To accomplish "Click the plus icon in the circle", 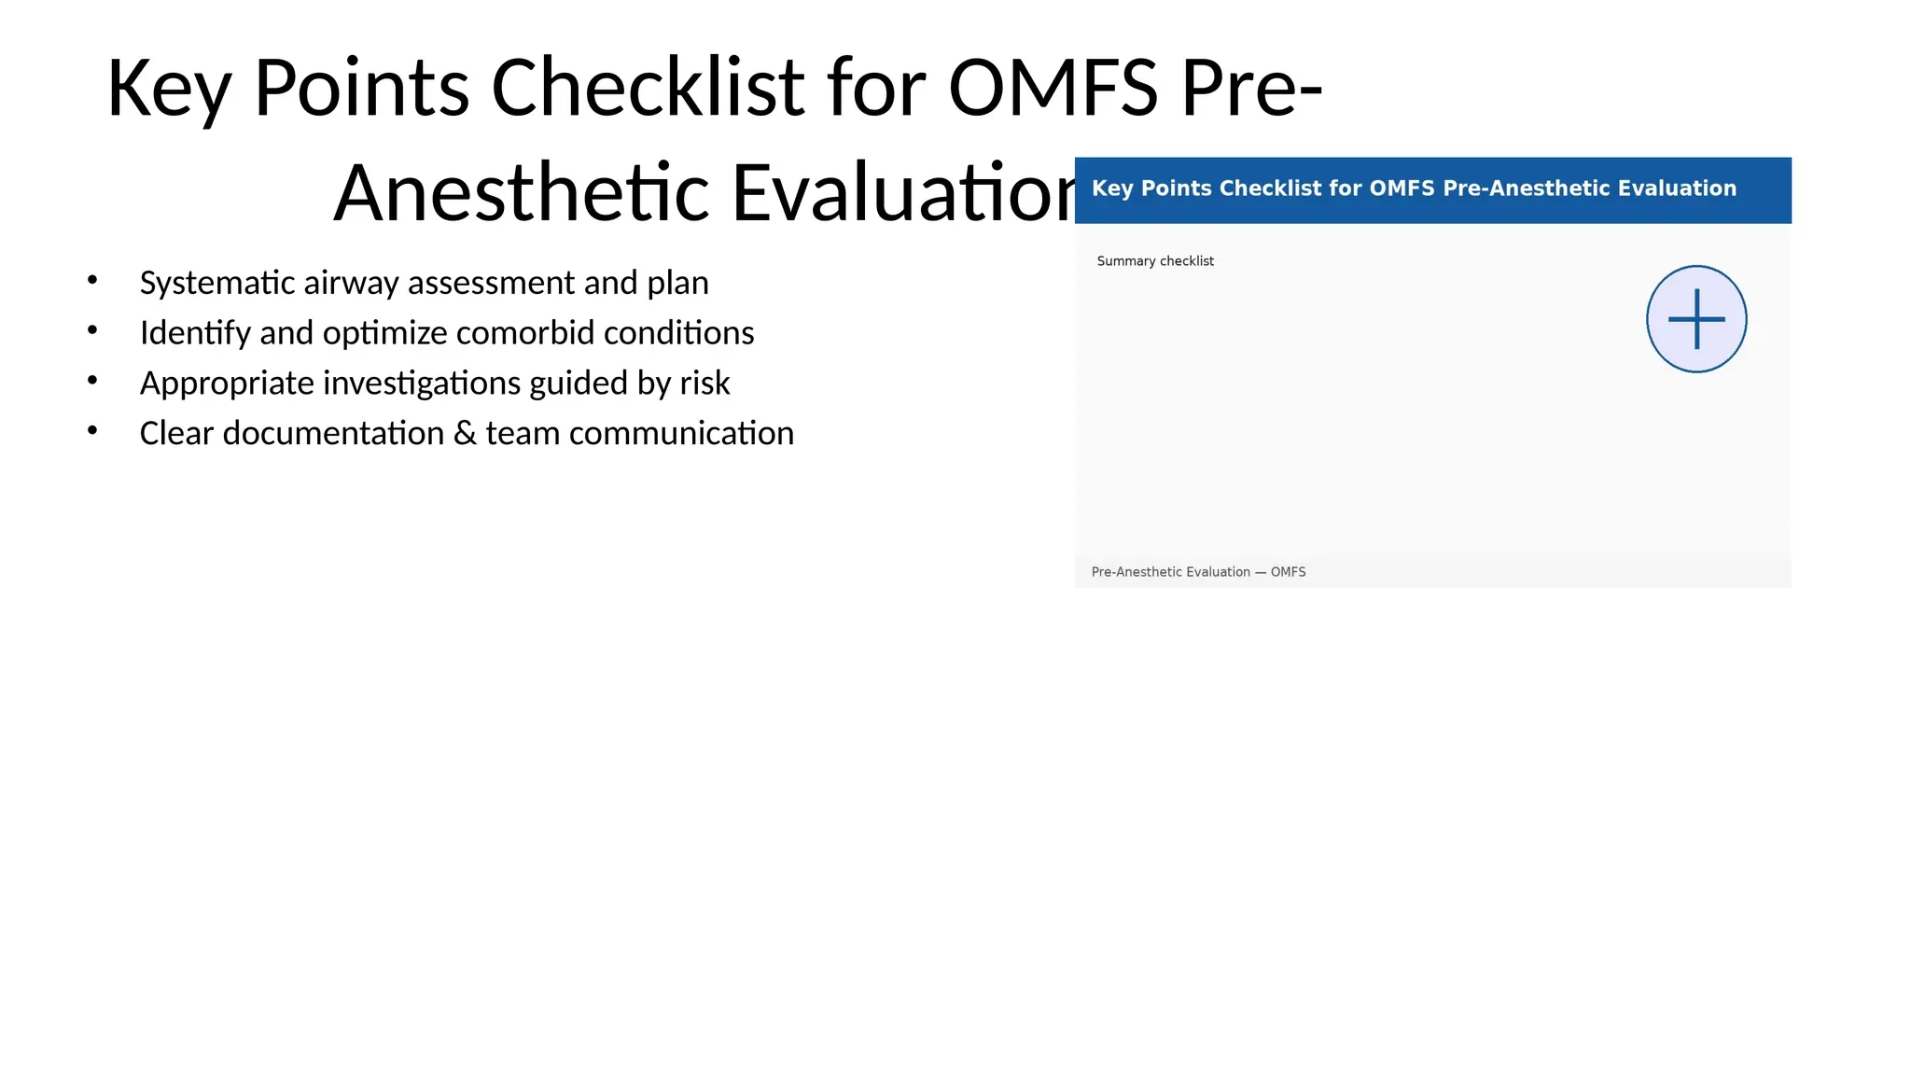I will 1695,319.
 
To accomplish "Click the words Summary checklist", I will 1154,261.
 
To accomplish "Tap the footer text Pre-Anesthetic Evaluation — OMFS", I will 1197,572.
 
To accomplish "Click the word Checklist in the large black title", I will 647,88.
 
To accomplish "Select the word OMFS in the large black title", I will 1053,88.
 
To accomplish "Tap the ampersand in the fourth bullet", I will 465,434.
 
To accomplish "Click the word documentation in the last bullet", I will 333,434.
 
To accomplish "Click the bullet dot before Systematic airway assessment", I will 91,280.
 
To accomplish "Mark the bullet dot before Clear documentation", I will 91,430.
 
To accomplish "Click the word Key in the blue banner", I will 1111,188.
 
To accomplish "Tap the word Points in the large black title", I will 361,88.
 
